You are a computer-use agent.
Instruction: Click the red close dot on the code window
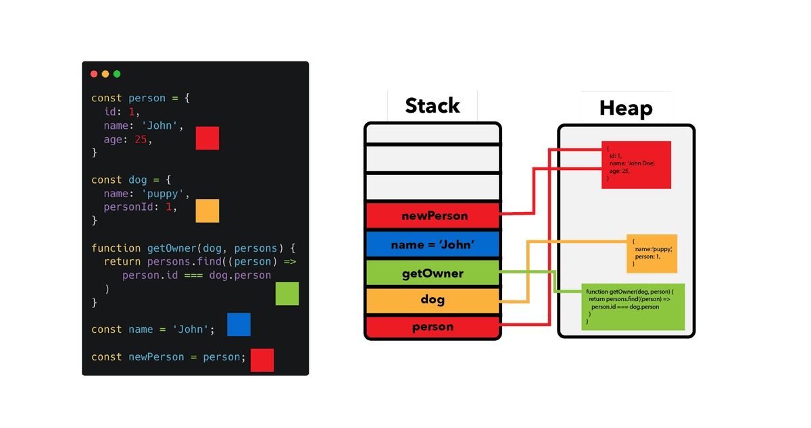tap(94, 74)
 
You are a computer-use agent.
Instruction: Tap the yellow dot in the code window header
tap(105, 74)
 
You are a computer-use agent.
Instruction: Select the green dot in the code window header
tap(117, 74)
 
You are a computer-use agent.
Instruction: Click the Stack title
tap(433, 106)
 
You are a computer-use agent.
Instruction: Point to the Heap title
tap(626, 109)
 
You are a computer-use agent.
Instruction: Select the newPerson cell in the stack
tap(433, 216)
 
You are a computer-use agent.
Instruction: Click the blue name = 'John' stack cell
tap(433, 245)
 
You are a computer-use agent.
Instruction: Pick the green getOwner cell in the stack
tap(433, 273)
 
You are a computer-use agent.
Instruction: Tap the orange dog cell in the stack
tap(433, 300)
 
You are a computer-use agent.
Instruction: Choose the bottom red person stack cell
tap(433, 327)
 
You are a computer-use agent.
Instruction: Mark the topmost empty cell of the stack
tap(433, 134)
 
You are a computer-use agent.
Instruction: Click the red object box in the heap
tap(636, 165)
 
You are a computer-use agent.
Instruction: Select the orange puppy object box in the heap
tap(652, 254)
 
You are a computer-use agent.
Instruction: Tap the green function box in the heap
tap(633, 307)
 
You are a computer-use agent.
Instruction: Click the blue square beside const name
tap(239, 325)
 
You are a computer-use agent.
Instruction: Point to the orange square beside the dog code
tap(207, 211)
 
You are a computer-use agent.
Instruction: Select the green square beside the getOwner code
tap(287, 294)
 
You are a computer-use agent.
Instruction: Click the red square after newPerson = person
tap(262, 360)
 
